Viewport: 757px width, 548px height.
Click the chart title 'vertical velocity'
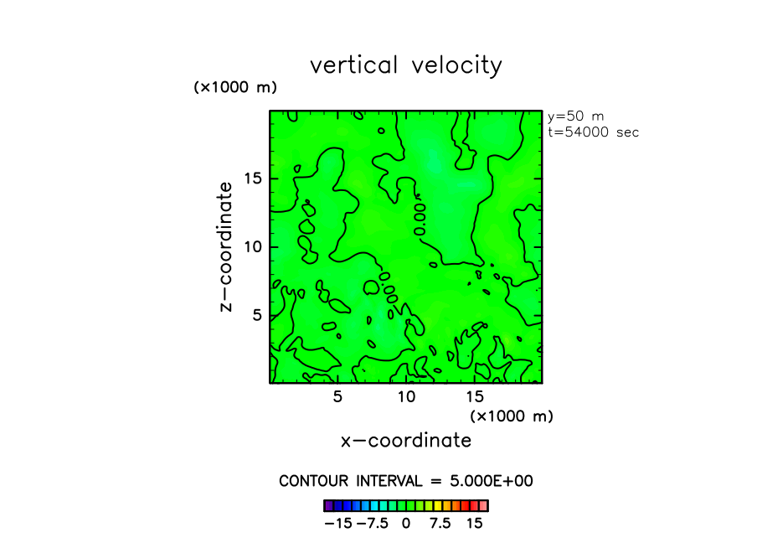pyautogui.click(x=406, y=65)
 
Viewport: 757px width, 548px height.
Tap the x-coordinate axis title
pyautogui.click(x=405, y=441)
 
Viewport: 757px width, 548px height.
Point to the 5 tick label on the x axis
pyautogui.click(x=337, y=396)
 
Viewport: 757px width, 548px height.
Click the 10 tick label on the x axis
pyautogui.click(x=406, y=396)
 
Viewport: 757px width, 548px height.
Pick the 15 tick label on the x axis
pyautogui.click(x=475, y=396)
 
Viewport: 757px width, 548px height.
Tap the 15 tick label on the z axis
pyautogui.click(x=254, y=178)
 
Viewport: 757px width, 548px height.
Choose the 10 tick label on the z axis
pyautogui.click(x=254, y=247)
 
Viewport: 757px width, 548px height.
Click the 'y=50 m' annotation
pyautogui.click(x=575, y=116)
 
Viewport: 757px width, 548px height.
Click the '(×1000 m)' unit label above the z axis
pyautogui.click(x=235, y=87)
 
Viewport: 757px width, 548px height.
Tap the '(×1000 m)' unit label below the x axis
pyautogui.click(x=512, y=416)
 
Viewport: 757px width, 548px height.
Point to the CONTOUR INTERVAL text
pyautogui.click(x=406, y=481)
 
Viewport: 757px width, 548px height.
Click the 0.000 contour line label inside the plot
pyautogui.click(x=420, y=216)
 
